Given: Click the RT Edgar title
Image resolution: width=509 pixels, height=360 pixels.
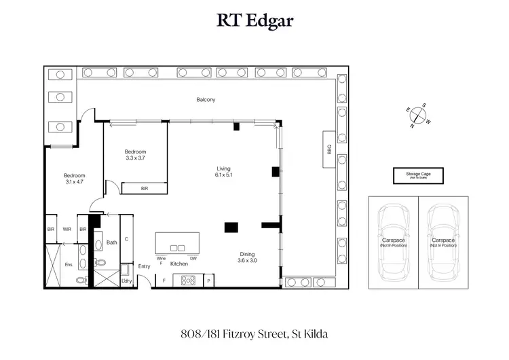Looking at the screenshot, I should click(x=254, y=20).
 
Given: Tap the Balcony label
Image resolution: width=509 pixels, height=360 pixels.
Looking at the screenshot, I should click(x=206, y=100).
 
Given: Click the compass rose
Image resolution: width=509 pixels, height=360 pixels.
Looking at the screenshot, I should click(x=417, y=115).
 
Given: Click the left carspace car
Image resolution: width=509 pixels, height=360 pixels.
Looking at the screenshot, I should click(x=393, y=242).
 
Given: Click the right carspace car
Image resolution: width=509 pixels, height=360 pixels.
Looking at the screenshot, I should click(x=442, y=242).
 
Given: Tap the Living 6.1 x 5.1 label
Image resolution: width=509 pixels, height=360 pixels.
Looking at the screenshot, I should click(x=224, y=173).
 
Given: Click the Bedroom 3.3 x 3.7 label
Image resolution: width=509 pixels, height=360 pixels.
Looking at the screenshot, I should click(x=135, y=155).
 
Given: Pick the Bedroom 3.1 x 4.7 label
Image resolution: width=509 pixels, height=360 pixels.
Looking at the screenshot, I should click(x=74, y=178).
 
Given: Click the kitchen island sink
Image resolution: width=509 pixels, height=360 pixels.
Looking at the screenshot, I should click(x=177, y=248).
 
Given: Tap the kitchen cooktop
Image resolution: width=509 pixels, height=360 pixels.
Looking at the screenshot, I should click(x=187, y=280).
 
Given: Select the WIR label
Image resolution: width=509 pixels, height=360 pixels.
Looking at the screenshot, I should click(x=67, y=230).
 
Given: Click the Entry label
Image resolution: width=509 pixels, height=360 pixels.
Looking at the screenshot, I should click(x=144, y=266).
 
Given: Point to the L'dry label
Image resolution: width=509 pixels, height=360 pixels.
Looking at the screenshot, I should click(x=126, y=281).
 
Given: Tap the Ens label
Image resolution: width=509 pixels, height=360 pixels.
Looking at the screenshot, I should click(x=67, y=264).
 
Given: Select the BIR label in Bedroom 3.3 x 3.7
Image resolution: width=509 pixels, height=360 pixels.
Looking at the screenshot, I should click(x=144, y=188).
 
